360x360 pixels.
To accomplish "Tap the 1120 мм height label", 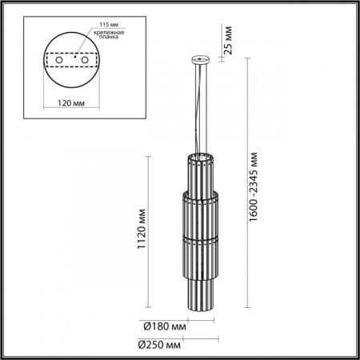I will tap(142, 232).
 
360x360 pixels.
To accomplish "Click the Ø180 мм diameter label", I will tap(166, 326).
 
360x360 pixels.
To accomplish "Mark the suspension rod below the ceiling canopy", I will tap(199, 104).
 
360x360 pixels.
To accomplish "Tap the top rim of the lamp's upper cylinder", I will tap(199, 152).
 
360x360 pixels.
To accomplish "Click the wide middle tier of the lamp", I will tap(199, 216).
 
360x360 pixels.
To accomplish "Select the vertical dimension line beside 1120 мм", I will tap(149, 232).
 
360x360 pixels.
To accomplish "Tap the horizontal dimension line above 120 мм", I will tap(72, 94).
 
